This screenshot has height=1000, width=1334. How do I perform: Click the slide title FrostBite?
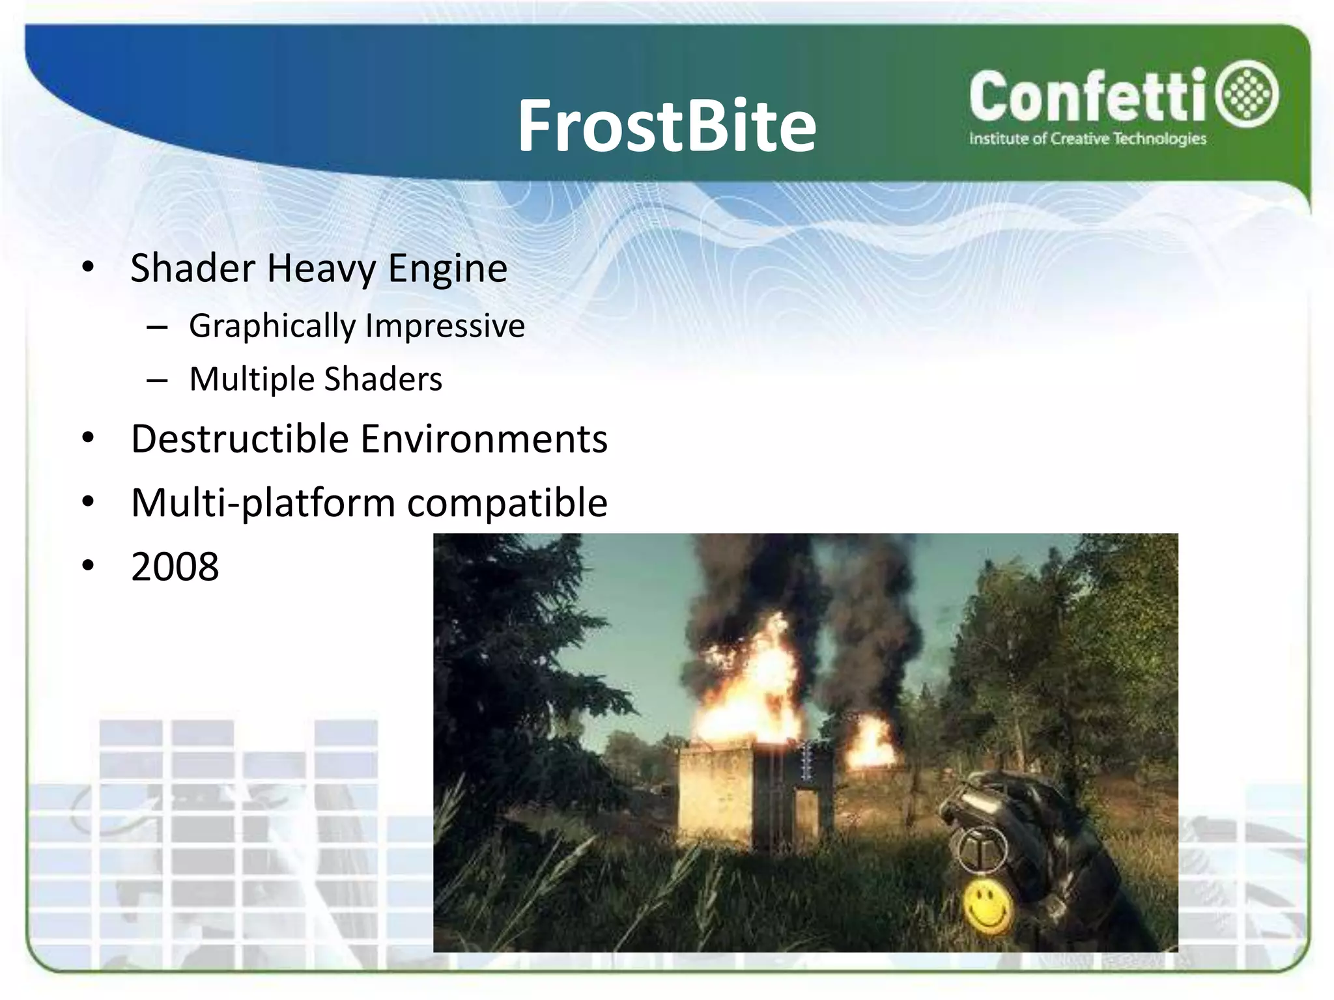[x=666, y=126]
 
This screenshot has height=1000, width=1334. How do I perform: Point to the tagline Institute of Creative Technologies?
[x=1087, y=139]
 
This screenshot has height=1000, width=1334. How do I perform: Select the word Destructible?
[x=240, y=439]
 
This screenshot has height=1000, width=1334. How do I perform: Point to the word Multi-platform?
[x=263, y=503]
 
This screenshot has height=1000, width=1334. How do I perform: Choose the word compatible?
[x=507, y=503]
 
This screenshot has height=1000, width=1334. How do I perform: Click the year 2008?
[x=175, y=566]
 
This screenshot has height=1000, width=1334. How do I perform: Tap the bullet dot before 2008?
[x=89, y=566]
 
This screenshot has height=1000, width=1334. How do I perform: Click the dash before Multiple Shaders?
[x=157, y=380]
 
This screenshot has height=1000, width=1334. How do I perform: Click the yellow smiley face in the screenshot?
[x=987, y=905]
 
